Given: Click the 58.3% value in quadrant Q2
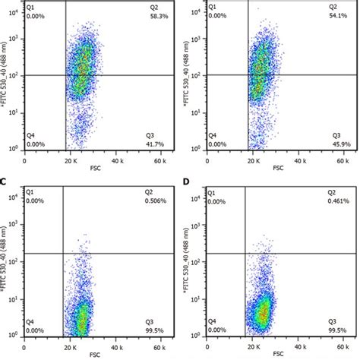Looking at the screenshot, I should tap(155, 15).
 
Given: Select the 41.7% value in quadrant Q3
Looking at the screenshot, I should tap(155, 144).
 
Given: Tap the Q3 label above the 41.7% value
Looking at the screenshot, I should tap(150, 136).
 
